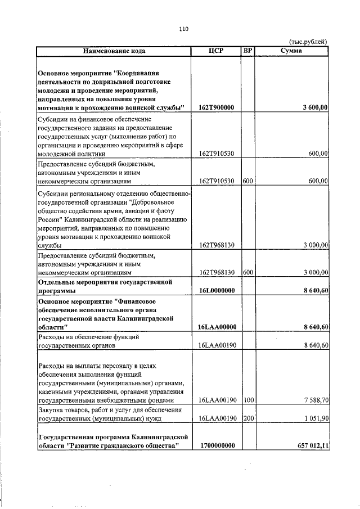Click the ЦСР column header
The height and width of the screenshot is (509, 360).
click(x=216, y=51)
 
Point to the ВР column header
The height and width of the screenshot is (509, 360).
click(x=247, y=51)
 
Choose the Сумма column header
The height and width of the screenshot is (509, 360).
click(x=290, y=51)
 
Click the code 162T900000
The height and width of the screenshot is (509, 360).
click(x=217, y=107)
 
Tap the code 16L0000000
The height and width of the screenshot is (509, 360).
click(x=217, y=290)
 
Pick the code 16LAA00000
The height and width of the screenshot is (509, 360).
click(x=217, y=327)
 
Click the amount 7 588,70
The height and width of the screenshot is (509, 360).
click(x=315, y=400)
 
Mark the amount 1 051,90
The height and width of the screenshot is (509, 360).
click(x=315, y=419)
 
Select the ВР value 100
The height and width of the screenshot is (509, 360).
click(x=247, y=400)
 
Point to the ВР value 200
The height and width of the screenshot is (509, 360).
click(x=247, y=419)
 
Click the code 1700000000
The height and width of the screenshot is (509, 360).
click(x=217, y=445)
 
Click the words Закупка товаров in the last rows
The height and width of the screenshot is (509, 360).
click(x=63, y=409)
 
